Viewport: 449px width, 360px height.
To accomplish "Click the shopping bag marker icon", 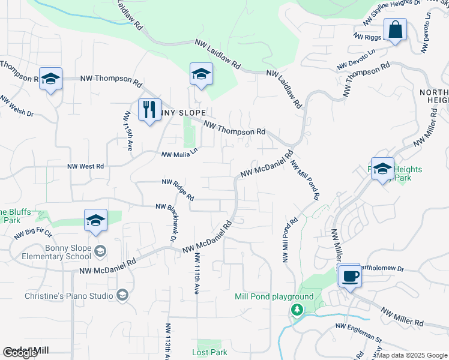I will [x=396, y=29].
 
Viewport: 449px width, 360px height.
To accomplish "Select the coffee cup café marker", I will [x=349, y=276].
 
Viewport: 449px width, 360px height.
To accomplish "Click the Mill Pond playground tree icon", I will [x=296, y=310].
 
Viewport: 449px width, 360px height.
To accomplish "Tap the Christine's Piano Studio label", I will [x=61, y=296].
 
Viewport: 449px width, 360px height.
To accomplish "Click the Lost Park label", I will [x=209, y=352].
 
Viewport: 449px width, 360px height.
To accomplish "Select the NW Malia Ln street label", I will [x=179, y=155].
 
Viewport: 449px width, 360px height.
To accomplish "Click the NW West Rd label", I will [x=85, y=166].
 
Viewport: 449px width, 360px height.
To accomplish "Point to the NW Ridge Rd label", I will [x=178, y=189].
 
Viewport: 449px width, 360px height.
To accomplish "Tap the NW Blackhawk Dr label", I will [x=166, y=222].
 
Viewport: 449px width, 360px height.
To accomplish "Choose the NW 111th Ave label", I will [x=196, y=273].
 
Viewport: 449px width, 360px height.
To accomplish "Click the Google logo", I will [x=20, y=353].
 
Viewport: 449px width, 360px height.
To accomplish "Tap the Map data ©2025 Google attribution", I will [x=411, y=355].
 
